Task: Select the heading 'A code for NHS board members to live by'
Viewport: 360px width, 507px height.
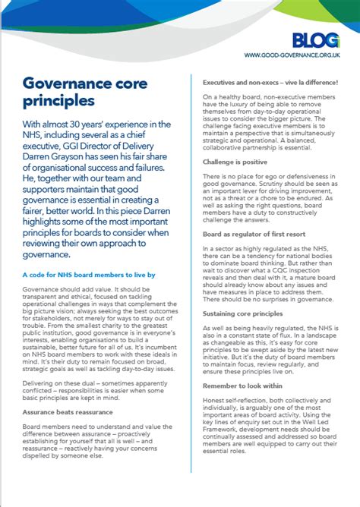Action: coord(89,274)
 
